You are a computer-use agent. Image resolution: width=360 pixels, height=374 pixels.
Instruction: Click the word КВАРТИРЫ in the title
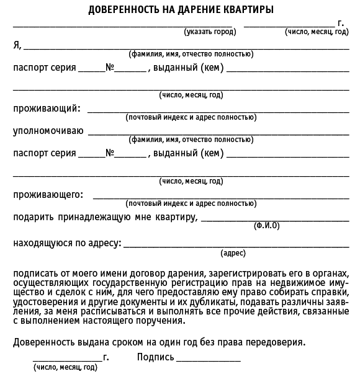(248, 11)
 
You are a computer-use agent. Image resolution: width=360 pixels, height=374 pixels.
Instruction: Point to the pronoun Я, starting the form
(17, 45)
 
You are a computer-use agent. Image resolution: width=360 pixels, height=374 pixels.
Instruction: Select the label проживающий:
(47, 109)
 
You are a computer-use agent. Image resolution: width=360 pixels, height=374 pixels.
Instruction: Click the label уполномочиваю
(48, 131)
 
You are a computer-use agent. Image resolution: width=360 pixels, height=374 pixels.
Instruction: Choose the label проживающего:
(48, 195)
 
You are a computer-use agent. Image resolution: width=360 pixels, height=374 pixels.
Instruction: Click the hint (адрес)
(233, 253)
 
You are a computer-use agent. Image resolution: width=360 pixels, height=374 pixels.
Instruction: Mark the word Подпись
(155, 358)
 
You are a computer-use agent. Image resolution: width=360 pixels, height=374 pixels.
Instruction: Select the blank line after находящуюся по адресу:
(236, 246)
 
